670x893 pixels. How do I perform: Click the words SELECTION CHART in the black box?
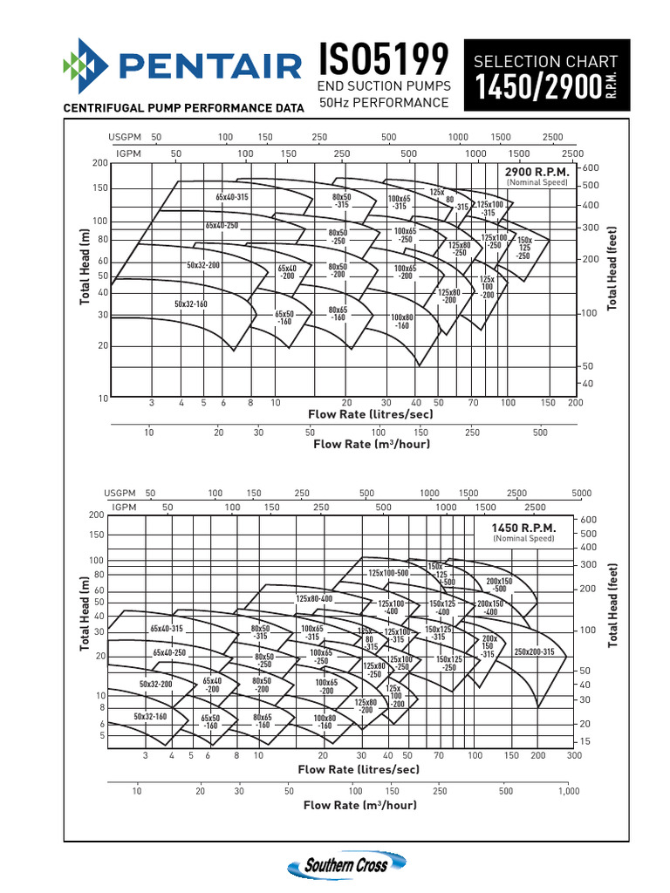click(544, 61)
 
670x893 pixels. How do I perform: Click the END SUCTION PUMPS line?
click(384, 85)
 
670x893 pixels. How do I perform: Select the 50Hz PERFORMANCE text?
click(384, 103)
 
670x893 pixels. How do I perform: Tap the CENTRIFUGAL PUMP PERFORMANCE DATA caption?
click(182, 108)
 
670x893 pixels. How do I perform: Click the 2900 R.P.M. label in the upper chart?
click(537, 173)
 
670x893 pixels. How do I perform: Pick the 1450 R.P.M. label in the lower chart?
click(523, 528)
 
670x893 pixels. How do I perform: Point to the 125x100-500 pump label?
click(388, 573)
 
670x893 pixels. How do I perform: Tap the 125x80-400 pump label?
click(314, 599)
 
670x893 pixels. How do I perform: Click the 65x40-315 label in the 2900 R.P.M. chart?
click(232, 197)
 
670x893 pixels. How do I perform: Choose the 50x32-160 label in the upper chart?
click(190, 303)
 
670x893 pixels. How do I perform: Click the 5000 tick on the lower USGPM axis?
click(581, 494)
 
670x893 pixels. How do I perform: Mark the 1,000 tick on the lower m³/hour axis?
click(569, 791)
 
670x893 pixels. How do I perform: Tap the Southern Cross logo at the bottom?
click(349, 865)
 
